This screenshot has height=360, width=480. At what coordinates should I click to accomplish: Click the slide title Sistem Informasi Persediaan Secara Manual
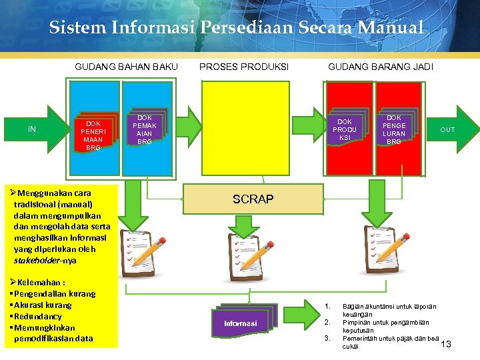236,28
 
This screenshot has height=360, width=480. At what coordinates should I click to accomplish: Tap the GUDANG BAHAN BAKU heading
126,67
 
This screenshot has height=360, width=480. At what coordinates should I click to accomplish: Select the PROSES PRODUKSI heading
243,67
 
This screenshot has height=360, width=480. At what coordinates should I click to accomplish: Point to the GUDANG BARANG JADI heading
380,67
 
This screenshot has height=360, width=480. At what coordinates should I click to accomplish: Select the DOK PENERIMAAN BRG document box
93,135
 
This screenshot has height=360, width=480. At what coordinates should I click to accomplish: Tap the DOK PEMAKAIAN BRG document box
145,129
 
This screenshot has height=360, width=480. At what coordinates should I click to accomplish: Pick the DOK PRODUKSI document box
345,129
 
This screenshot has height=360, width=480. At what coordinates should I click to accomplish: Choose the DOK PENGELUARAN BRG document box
394,129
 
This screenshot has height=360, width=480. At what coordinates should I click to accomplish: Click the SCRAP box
253,199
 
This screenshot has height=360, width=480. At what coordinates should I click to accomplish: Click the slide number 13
446,343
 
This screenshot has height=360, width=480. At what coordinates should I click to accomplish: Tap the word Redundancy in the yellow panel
39,316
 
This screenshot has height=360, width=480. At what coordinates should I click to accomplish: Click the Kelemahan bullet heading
41,282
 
